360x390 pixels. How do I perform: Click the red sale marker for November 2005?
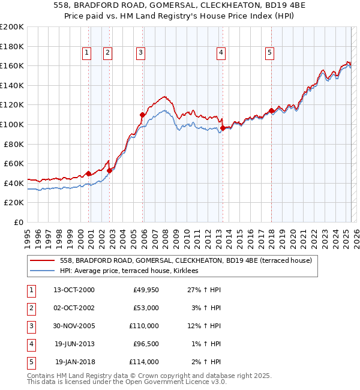click(x=142, y=115)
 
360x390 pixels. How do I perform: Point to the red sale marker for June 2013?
click(x=223, y=128)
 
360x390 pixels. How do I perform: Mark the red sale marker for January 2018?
click(x=271, y=110)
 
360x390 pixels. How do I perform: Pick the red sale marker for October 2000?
click(x=88, y=173)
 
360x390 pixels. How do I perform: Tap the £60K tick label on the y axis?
click(x=13, y=163)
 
